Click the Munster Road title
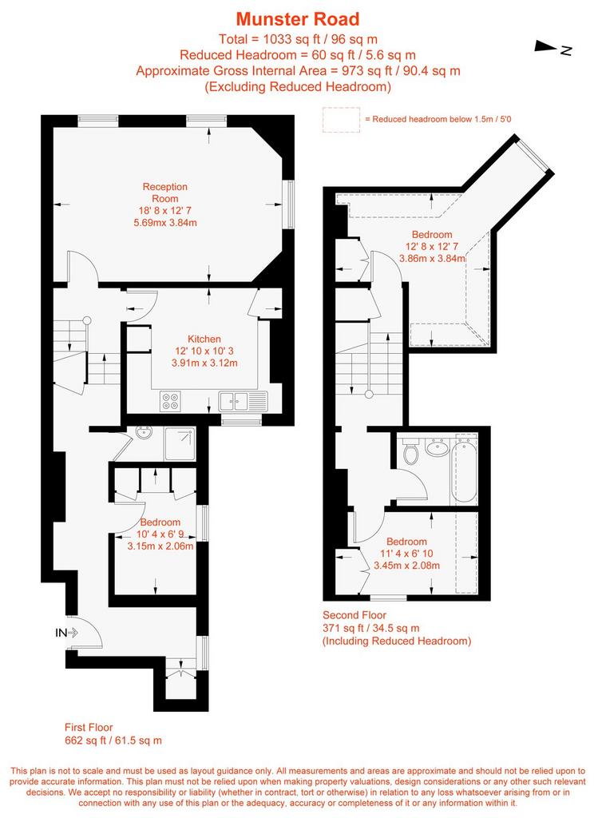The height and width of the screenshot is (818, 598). point(298,19)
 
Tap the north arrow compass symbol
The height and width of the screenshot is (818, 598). point(552,48)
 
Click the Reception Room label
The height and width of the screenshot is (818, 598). point(164,193)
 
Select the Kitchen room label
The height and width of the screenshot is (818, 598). point(204,339)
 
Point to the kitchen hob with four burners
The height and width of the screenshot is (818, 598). point(171,401)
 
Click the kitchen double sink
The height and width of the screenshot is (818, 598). point(234,401)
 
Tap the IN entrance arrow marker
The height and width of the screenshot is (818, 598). point(67,633)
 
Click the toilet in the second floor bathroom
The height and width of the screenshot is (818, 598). point(411,452)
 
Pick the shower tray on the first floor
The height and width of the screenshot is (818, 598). point(180,444)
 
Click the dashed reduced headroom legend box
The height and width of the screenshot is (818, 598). point(342,120)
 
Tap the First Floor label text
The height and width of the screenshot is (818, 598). point(89,727)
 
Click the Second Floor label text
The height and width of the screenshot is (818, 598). point(354,615)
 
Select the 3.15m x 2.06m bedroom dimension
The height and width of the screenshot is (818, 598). point(160,546)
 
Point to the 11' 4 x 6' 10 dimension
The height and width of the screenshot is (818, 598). point(406,554)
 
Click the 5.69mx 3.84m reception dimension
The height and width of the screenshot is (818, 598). point(165,223)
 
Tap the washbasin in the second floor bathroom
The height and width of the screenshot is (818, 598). point(437,447)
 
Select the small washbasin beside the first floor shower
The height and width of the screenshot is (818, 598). point(143,433)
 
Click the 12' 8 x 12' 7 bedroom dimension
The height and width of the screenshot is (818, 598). point(432,246)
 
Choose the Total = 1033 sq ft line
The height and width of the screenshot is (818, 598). point(299,39)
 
